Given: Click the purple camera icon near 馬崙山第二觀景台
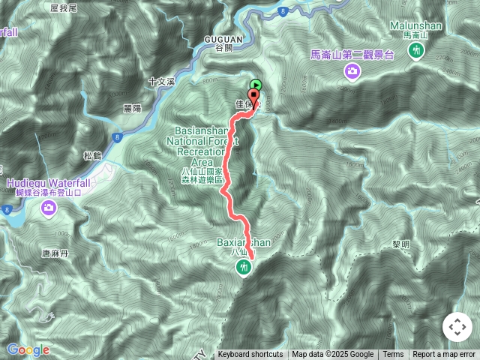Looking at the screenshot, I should (x=352, y=70).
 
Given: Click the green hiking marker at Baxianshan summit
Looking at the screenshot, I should (x=242, y=267).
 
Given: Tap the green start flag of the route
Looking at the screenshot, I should (x=256, y=85).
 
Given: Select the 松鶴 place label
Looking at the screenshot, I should (x=92, y=156).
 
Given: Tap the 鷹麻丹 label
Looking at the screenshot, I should (x=55, y=254).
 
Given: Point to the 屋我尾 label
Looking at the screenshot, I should (x=64, y=7).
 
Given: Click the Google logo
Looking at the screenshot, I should (x=28, y=349).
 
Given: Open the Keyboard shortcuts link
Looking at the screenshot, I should (x=250, y=355).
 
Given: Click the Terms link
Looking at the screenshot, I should (x=393, y=355).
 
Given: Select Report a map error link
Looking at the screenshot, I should (x=444, y=355).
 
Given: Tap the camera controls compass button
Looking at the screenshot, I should (x=457, y=327).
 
